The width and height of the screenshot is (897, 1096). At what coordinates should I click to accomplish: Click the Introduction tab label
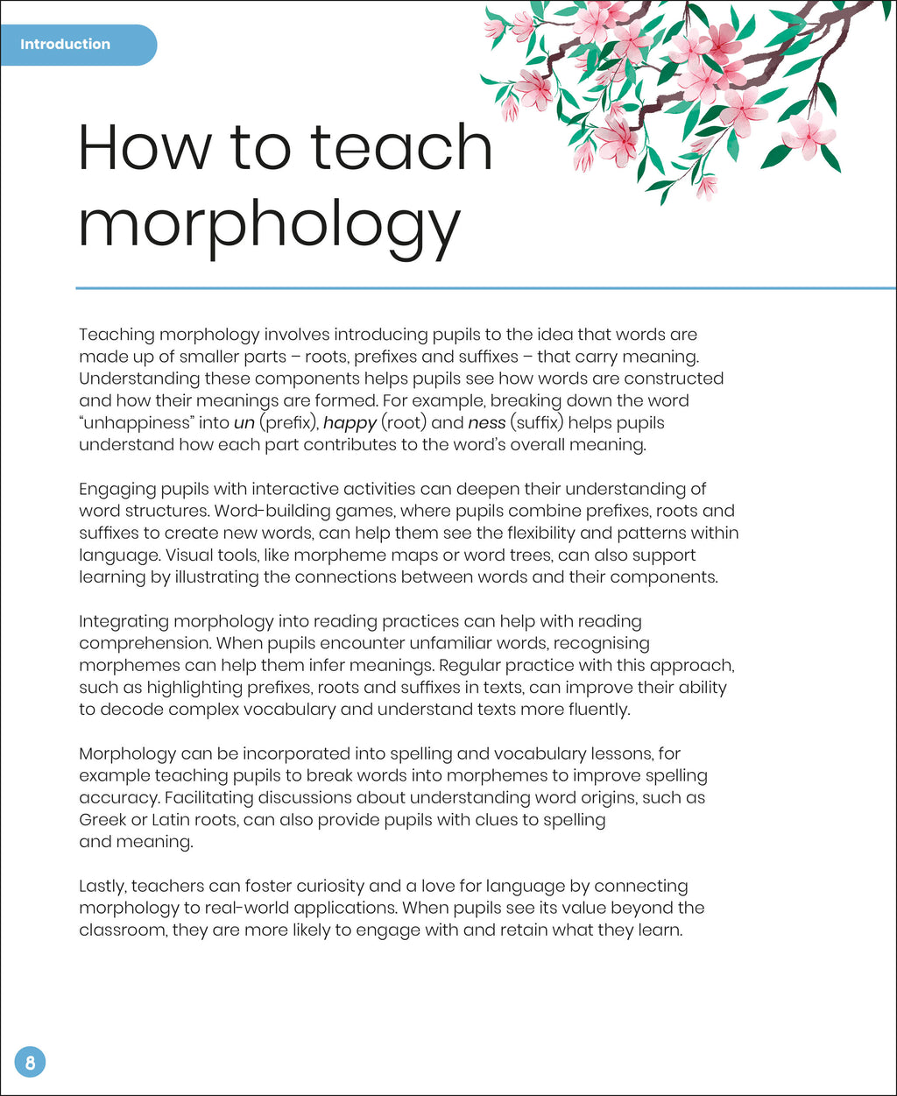coord(66,44)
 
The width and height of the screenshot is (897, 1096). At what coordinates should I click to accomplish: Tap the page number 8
coord(30,1063)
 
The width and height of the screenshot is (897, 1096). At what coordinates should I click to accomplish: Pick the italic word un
coord(244,422)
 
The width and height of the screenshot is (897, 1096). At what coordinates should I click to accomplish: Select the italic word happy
coord(350,423)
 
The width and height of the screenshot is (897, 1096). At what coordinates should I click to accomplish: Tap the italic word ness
coord(487,422)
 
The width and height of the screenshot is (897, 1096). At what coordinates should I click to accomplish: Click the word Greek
coord(102,820)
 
